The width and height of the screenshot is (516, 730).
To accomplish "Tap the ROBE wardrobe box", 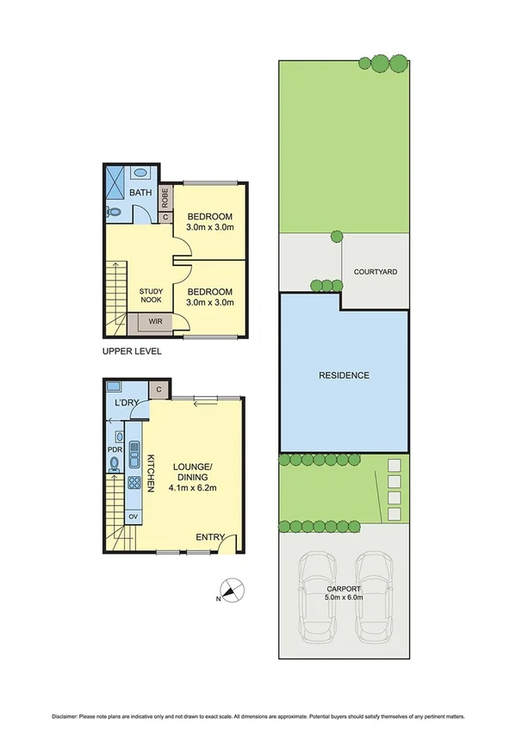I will pyautogui.click(x=167, y=198).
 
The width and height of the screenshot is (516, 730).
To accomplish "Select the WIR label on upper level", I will pyautogui.click(x=155, y=322).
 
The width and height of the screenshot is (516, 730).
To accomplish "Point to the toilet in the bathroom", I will pyautogui.click(x=115, y=211).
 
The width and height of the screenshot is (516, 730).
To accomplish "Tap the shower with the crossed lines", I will pyautogui.click(x=115, y=181).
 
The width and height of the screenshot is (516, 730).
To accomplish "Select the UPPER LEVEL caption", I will pyautogui.click(x=131, y=351).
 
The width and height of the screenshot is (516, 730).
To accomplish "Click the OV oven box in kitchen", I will pyautogui.click(x=134, y=517).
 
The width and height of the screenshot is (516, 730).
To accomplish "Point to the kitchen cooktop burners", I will pyautogui.click(x=134, y=482).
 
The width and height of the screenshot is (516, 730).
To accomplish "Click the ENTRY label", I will pyautogui.click(x=209, y=537).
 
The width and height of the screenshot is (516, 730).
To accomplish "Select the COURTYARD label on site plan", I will pyautogui.click(x=376, y=272).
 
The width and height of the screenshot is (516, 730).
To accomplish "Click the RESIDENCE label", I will pyautogui.click(x=344, y=375).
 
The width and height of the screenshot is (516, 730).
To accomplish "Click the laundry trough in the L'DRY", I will pyautogui.click(x=117, y=388).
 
